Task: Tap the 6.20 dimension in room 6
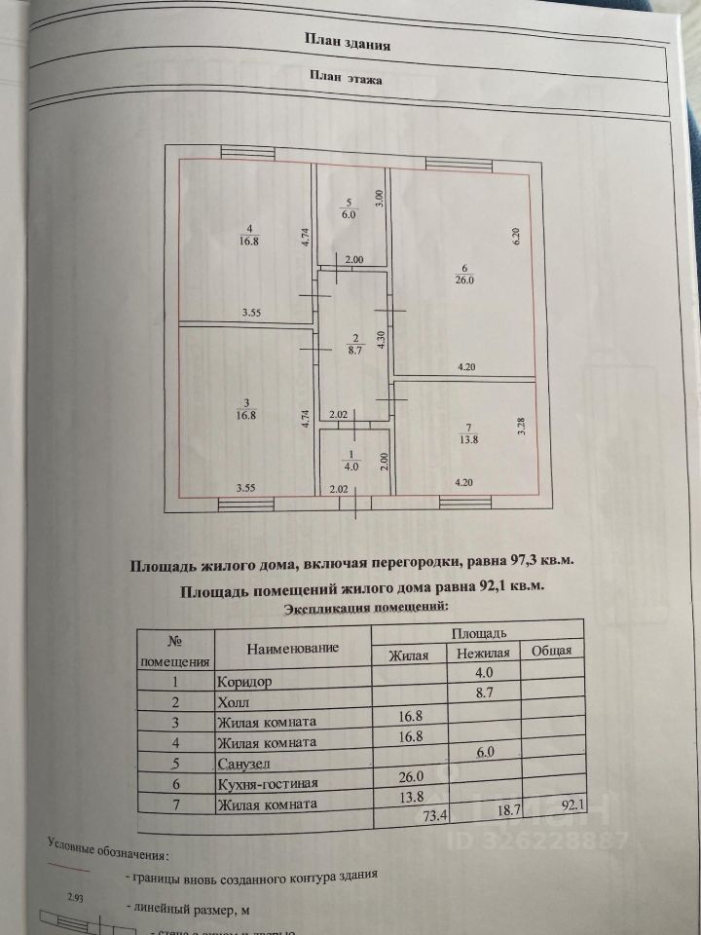pos(520,235)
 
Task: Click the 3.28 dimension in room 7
pos(521,426)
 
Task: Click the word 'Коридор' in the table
pos(245,682)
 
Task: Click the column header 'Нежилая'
pos(482,654)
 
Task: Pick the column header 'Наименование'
pos(292,648)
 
